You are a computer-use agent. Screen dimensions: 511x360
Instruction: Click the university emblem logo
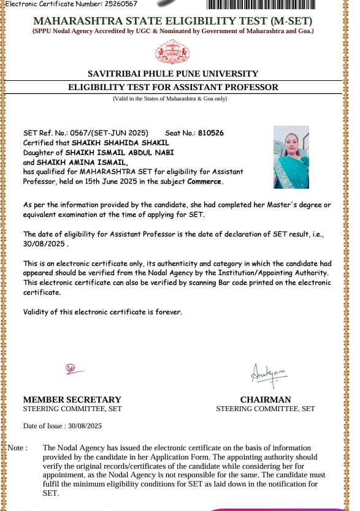click(x=172, y=52)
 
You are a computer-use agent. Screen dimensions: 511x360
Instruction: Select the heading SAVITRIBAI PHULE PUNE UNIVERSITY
click(x=173, y=74)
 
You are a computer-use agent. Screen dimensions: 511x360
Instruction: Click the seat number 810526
click(x=211, y=133)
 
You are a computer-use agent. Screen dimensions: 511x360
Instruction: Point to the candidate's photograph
click(x=291, y=157)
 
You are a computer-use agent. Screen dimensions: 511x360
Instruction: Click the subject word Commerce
click(x=205, y=182)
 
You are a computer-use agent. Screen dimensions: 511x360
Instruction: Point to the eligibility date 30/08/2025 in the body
click(x=44, y=243)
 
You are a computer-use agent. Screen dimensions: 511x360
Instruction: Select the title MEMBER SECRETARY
click(x=72, y=399)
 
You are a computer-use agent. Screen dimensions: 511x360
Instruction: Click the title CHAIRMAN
click(x=265, y=399)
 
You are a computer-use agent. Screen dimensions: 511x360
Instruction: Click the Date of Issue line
click(x=62, y=426)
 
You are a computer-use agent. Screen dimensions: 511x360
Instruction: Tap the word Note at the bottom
click(x=17, y=448)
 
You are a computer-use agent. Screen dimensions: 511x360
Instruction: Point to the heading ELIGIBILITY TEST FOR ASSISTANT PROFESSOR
click(x=173, y=87)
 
